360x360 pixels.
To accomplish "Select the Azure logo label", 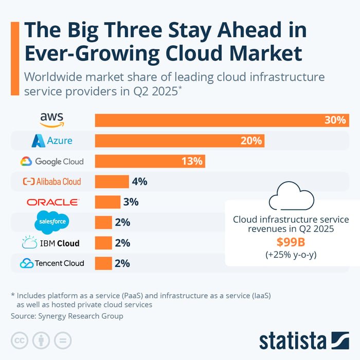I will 51,140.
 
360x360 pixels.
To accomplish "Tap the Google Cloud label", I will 51,161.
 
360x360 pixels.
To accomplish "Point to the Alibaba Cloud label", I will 51,182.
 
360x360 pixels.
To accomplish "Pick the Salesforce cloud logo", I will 51,222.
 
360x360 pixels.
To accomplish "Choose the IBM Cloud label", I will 50,243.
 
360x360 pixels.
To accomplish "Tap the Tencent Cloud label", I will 51,263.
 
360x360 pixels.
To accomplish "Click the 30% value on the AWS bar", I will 334,120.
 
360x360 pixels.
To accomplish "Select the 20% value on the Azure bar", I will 251,140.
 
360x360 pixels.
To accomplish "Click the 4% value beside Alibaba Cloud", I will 139,182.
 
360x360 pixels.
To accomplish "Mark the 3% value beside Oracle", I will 131,202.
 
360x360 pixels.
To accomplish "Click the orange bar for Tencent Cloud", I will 103,263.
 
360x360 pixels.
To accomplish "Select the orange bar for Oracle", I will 107,202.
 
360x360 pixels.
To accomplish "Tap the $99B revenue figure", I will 291,241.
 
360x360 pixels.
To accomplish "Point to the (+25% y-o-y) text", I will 291,254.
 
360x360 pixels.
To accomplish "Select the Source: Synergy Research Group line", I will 67,316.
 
